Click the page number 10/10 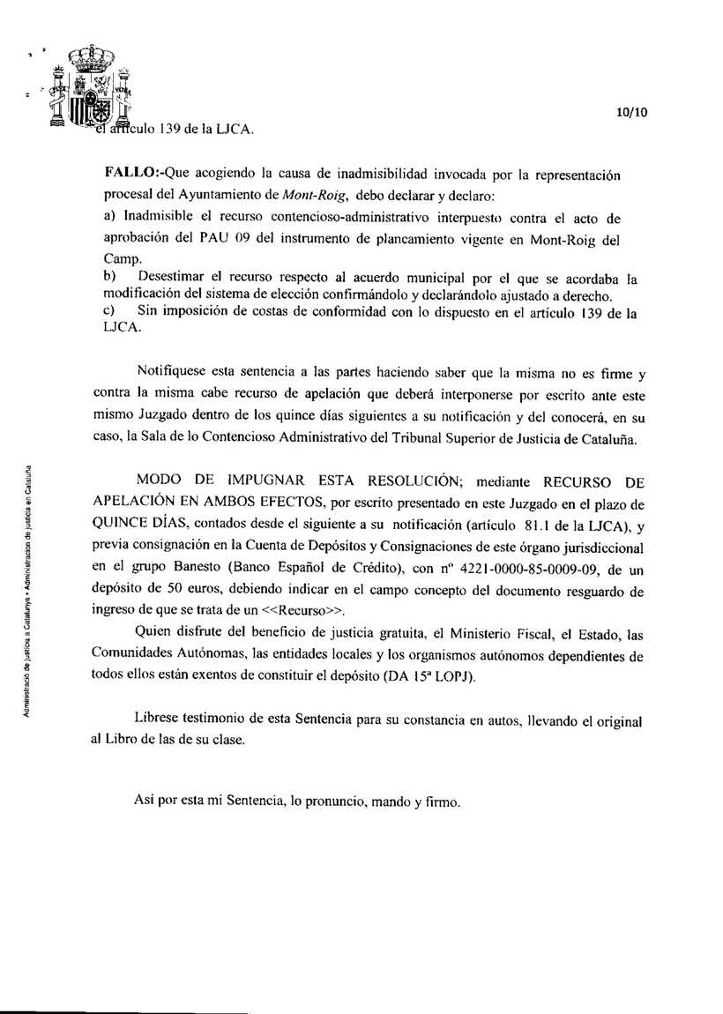(632, 112)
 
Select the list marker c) (109, 312)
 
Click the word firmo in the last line (442, 802)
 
